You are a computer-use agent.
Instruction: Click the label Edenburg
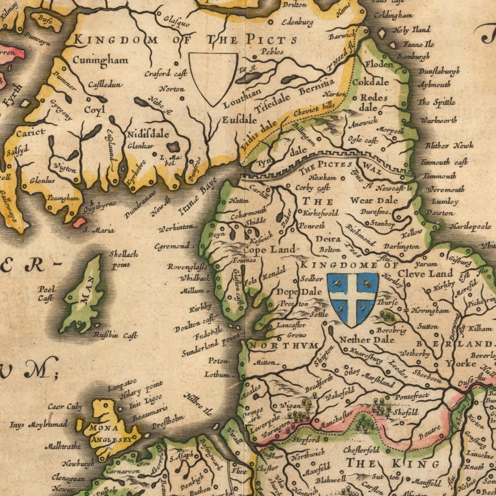pyautogui.click(x=297, y=22)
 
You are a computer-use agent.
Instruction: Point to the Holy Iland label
pyautogui.click(x=411, y=30)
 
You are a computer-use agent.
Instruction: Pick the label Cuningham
pyautogui.click(x=100, y=60)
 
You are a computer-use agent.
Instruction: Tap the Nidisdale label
pyautogui.click(x=148, y=134)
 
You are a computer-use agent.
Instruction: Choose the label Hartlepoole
pyautogui.click(x=470, y=227)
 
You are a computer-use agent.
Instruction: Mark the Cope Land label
pyautogui.click(x=269, y=250)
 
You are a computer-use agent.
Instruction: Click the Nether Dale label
pyautogui.click(x=366, y=339)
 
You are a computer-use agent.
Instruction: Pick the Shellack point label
pyautogui.click(x=123, y=259)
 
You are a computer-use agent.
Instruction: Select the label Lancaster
pyautogui.click(x=291, y=325)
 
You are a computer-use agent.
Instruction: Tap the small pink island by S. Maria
pyautogui.click(x=79, y=222)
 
